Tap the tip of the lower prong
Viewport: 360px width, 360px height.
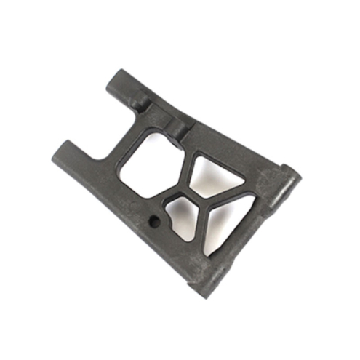coord(61,148)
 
